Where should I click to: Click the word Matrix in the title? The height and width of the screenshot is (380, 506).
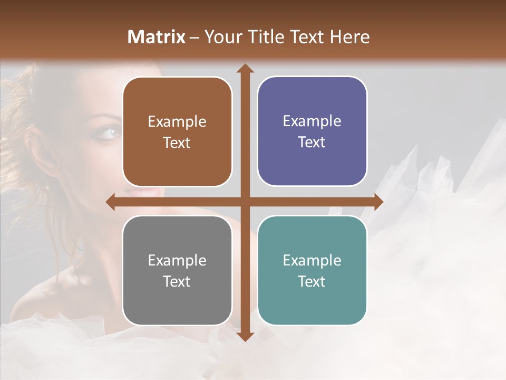pyautogui.click(x=157, y=37)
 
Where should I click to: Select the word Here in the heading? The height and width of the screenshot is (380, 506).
pyautogui.click(x=349, y=37)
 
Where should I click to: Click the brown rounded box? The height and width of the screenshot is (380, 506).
pyautogui.click(x=177, y=131)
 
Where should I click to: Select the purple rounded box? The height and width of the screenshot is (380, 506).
pyautogui.click(x=312, y=131)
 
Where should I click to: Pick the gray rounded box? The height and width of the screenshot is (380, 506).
pyautogui.click(x=177, y=270)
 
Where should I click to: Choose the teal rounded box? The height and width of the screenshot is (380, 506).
pyautogui.click(x=312, y=270)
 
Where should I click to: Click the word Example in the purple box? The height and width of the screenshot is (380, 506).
pyautogui.click(x=312, y=121)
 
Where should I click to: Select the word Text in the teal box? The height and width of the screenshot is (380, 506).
pyautogui.click(x=312, y=281)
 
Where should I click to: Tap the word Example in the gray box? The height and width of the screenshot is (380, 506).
pyautogui.click(x=177, y=260)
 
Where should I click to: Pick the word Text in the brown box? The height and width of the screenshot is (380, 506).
pyautogui.click(x=177, y=142)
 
